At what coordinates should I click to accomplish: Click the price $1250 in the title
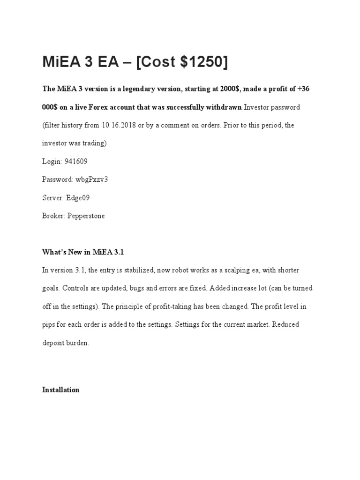pyautogui.click(x=199, y=62)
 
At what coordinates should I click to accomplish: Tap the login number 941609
pyautogui.click(x=75, y=161)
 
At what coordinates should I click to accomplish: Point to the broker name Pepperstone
pyautogui.click(x=86, y=216)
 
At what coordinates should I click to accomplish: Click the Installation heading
pyautogui.click(x=61, y=390)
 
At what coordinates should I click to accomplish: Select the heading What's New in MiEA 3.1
pyautogui.click(x=83, y=252)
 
